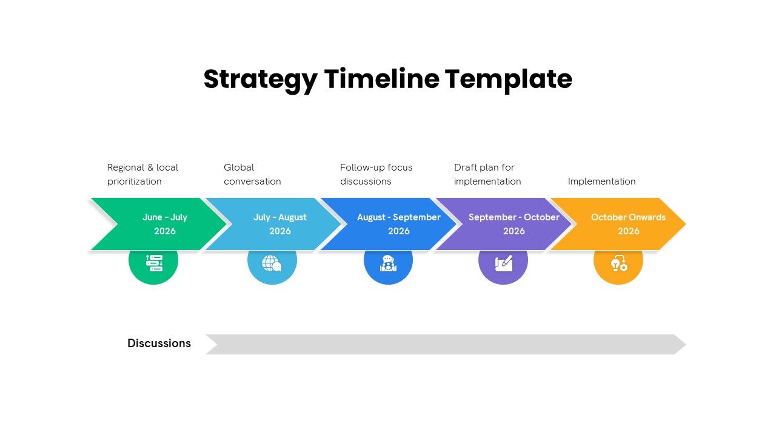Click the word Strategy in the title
pos(260,80)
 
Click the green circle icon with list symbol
pos(154,263)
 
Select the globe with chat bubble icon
pos(272,263)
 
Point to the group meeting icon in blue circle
pos(388,263)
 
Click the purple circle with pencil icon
pos(503,263)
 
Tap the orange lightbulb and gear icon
pos(618,263)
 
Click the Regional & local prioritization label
pos(142,174)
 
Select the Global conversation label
pos(252,174)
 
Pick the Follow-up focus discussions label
pos(376,174)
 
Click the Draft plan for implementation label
pos(487,174)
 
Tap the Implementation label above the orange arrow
pos(601,181)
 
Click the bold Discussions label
pos(159,344)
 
